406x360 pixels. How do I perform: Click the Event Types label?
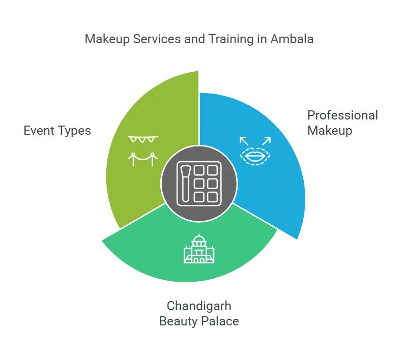pos(57,131)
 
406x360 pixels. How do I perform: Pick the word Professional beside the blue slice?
pos(342,115)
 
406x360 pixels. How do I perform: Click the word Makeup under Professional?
pos(330,131)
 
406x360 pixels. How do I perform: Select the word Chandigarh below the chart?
pos(199,306)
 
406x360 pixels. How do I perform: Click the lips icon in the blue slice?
pos(256,155)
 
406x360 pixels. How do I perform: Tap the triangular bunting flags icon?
pos(142,139)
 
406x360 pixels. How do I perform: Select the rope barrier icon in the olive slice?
pos(142,159)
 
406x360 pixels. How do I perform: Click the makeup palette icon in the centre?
pos(198,183)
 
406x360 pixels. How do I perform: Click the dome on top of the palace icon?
pos(198,238)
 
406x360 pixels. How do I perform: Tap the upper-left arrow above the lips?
pos(244,140)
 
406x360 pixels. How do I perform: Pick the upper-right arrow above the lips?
pos(267,140)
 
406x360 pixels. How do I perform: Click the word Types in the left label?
pos(75,131)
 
